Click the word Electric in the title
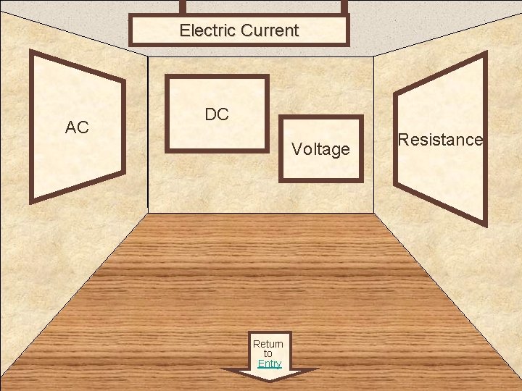click(207, 30)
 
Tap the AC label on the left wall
click(77, 128)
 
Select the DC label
click(217, 114)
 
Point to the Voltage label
click(320, 149)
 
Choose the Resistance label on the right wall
click(440, 140)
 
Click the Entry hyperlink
click(269, 363)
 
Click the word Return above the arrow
click(268, 343)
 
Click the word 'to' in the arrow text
click(268, 353)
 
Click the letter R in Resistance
click(402, 140)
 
